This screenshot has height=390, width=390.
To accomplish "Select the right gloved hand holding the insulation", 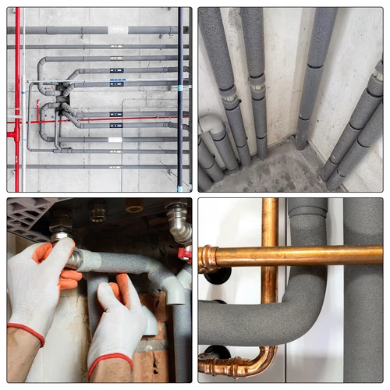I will [x=121, y=320].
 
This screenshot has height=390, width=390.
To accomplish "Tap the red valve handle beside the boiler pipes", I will [x=184, y=253].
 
